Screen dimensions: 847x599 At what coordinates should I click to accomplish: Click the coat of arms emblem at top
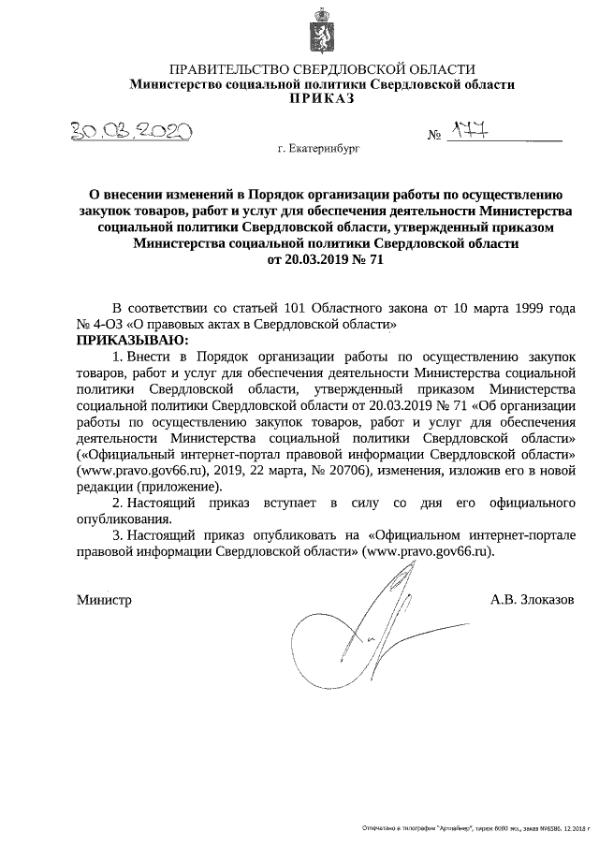(321, 31)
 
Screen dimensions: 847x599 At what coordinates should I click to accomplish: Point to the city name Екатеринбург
(319, 148)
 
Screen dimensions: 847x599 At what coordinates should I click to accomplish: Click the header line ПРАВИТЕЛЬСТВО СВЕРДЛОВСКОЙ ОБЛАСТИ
(322, 69)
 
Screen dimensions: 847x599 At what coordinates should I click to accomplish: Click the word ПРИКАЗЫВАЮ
(131, 339)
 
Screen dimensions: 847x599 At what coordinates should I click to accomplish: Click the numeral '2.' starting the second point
(117, 504)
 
